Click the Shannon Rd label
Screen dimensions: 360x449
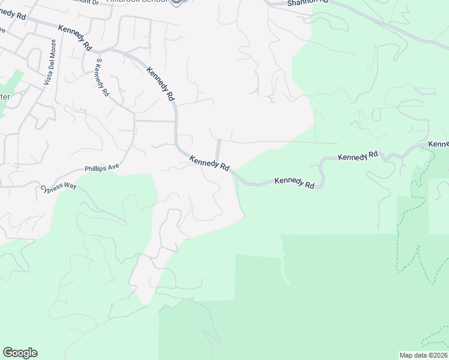click(307, 2)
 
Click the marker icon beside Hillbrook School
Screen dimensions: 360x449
click(177, 2)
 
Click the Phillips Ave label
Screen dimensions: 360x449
click(102, 169)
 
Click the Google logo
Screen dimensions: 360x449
click(20, 353)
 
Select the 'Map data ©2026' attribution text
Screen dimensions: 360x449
click(424, 355)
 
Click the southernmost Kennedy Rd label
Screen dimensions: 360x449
click(294, 182)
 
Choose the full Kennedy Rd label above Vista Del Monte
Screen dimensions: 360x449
click(75, 37)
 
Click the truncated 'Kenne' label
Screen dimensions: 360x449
click(439, 144)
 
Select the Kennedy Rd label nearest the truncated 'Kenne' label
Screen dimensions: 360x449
click(358, 156)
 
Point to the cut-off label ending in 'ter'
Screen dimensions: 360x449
click(5, 97)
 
